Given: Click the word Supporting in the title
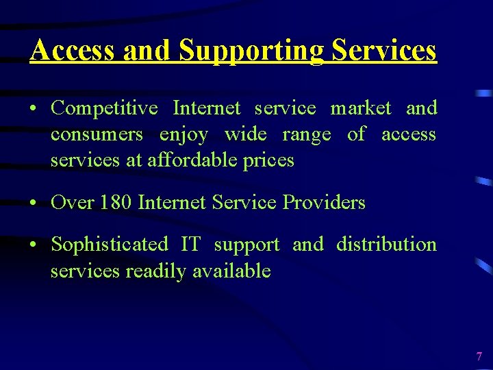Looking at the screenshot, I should [x=251, y=51].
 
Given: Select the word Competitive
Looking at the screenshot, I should [x=105, y=108].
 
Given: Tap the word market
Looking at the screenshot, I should [x=361, y=108].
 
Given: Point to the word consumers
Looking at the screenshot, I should [x=97, y=134].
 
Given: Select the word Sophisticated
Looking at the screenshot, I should [x=110, y=245].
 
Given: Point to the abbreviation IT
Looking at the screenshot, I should [x=190, y=245].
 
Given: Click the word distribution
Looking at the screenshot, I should [x=386, y=245].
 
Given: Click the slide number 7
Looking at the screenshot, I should [x=479, y=356].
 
